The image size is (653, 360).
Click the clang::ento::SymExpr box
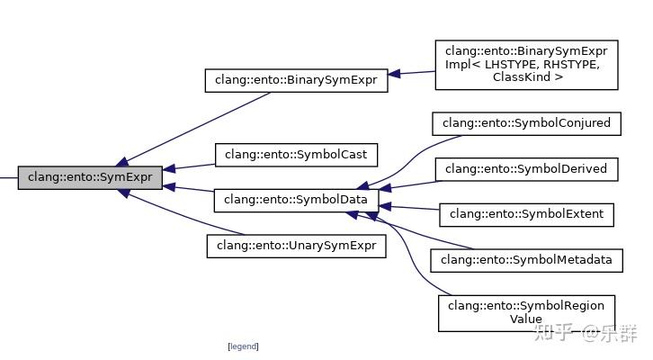90,177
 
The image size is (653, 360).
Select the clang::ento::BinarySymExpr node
297,80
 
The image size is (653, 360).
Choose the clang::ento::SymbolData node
296,199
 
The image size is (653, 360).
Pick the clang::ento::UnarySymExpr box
296,245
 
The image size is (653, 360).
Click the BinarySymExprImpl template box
527,64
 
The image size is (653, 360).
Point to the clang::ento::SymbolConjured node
527,122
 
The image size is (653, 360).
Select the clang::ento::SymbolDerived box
527,168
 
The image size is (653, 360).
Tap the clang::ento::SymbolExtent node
527,214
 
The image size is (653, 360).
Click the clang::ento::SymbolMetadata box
527,260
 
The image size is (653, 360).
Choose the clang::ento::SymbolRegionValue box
527,311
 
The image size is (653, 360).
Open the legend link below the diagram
243,346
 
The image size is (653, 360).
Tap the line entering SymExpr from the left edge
8,177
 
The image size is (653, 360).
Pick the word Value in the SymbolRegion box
526,319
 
